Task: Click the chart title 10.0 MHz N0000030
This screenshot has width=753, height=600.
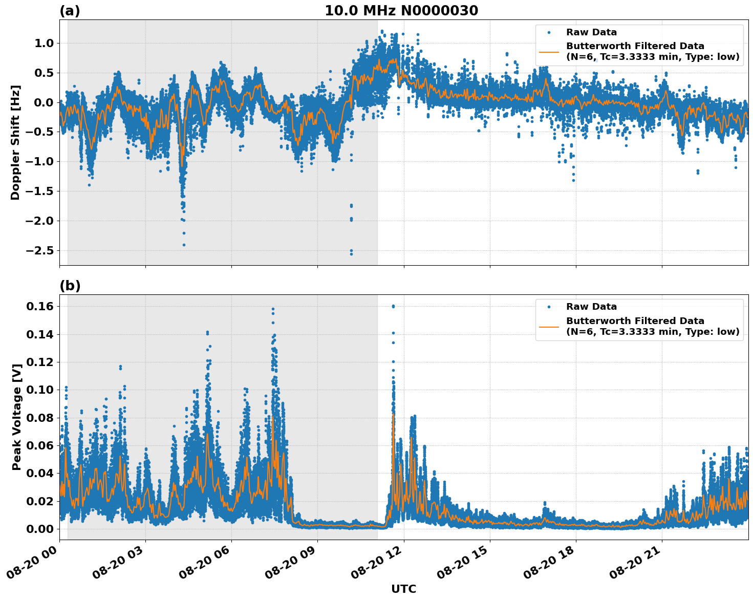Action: (x=401, y=11)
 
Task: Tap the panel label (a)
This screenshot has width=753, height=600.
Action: (x=70, y=11)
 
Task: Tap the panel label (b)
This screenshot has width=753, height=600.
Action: (x=70, y=286)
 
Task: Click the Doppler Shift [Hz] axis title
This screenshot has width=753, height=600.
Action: (x=15, y=142)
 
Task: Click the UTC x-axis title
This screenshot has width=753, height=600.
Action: (x=403, y=589)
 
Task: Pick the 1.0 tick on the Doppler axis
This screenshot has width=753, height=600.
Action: (x=44, y=44)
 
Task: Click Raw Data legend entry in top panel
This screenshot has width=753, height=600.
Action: (x=591, y=32)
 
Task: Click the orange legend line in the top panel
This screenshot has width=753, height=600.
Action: (x=549, y=52)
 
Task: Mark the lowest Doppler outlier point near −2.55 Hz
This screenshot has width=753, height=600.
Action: (x=351, y=254)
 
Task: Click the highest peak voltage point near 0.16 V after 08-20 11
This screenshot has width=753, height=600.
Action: (x=393, y=306)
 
